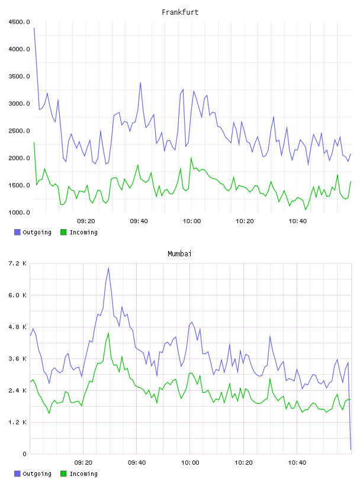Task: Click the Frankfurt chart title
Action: pos(180,12)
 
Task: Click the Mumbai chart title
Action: pos(179,253)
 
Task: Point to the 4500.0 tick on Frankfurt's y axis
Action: pos(19,22)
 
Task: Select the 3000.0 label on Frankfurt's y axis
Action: pos(19,104)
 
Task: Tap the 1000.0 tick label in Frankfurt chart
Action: pos(19,212)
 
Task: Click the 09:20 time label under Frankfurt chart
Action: pos(86,221)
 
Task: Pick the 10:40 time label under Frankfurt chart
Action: pos(297,221)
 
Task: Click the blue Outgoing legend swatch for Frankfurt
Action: pos(17,232)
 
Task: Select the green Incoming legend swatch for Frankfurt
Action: pos(63,232)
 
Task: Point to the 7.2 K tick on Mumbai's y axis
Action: pos(17,263)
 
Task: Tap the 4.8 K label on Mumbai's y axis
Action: pos(17,327)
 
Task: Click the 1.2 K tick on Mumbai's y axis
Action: pos(17,422)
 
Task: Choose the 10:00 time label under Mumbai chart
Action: pos(190,462)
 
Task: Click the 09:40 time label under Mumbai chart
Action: pos(137,462)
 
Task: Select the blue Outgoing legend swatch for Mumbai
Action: pos(17,474)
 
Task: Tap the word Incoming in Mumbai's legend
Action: pos(83,474)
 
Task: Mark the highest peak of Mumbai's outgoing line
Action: pos(108,268)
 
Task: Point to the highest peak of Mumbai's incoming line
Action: pos(108,333)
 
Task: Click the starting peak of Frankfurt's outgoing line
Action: pos(34,28)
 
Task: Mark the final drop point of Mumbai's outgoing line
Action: pos(351,449)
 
